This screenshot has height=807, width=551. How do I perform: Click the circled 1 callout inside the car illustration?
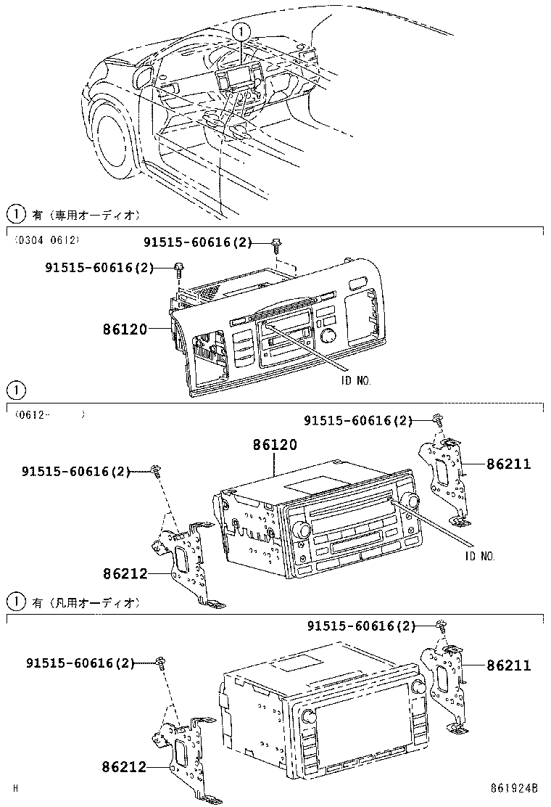(x=241, y=31)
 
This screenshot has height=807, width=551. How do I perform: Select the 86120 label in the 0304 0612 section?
(x=125, y=329)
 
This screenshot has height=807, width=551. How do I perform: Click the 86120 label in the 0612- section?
(x=275, y=445)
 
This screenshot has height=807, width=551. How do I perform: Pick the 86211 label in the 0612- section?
(x=508, y=464)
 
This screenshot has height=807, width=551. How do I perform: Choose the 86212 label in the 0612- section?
(x=125, y=573)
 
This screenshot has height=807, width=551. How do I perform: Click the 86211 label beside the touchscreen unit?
(x=508, y=665)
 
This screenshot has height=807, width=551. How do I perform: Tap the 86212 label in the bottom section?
(x=125, y=766)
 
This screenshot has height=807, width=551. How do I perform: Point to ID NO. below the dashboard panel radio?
(x=356, y=380)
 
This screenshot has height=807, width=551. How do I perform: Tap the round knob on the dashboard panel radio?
(x=328, y=336)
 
